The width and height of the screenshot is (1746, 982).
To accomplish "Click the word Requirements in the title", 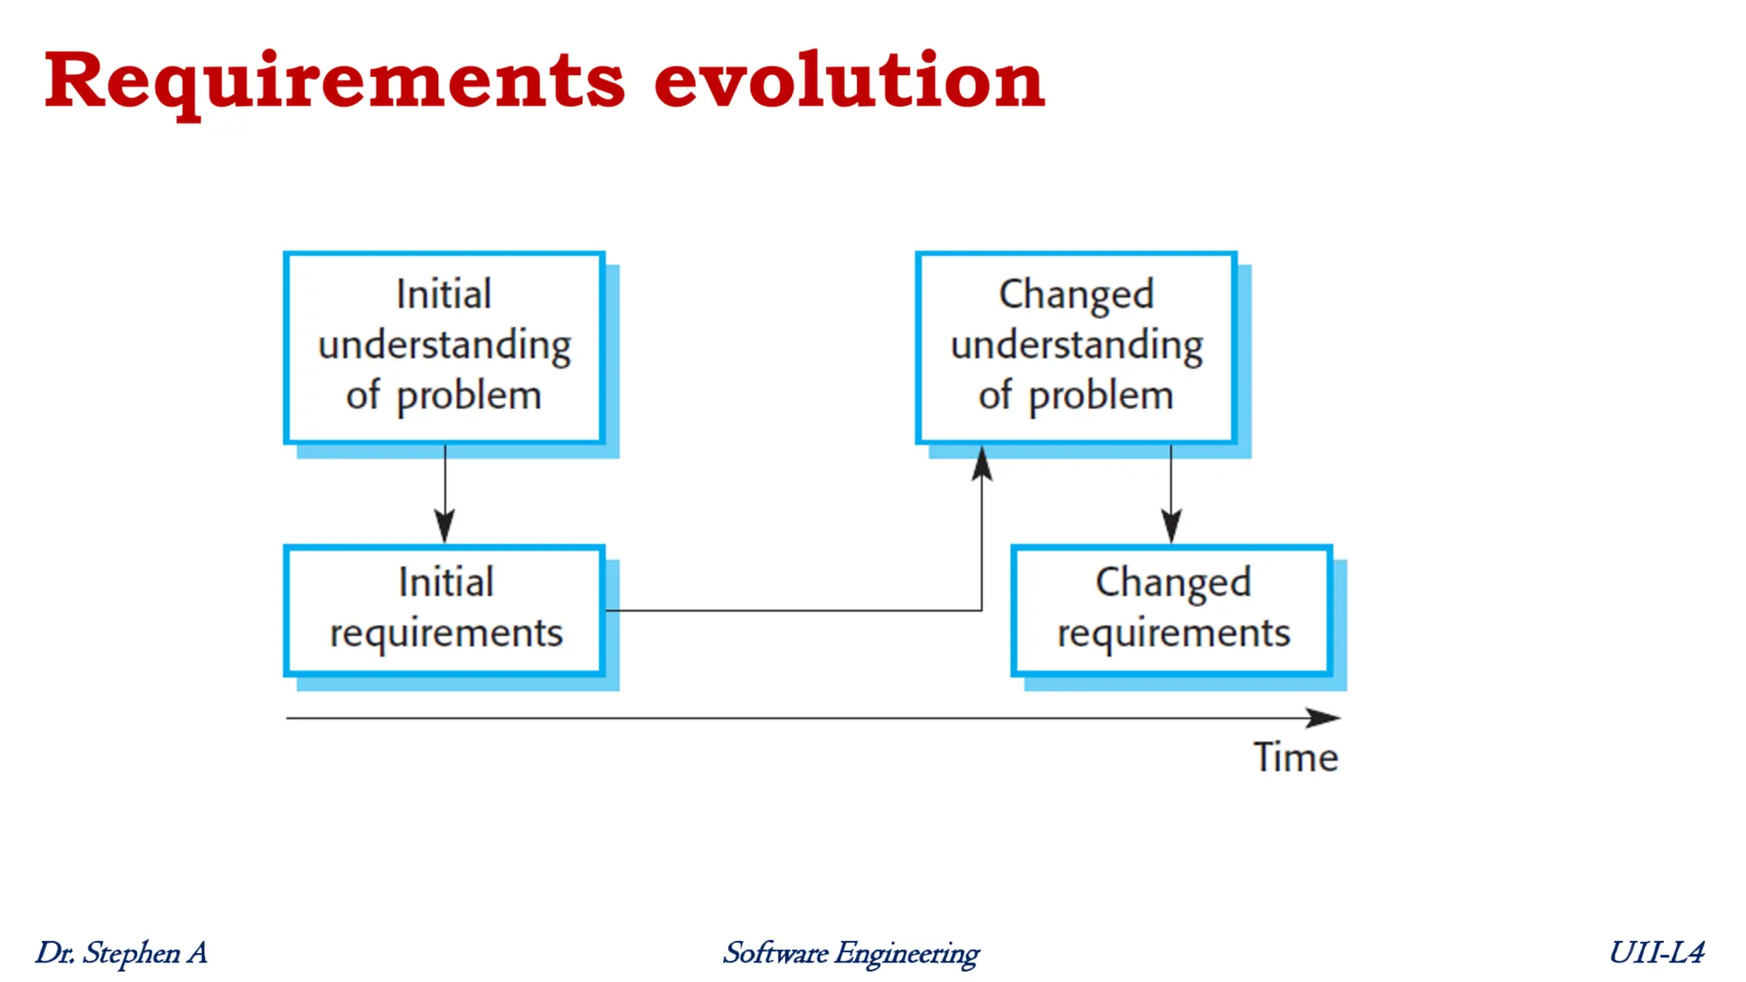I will coord(334,81).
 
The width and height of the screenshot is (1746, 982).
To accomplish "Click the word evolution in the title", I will coord(849,81).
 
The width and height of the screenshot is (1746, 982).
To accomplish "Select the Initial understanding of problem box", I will coord(444,347).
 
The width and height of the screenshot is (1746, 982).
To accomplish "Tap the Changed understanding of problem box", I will coord(1076,347).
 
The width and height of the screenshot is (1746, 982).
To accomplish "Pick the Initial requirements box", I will coord(444,609).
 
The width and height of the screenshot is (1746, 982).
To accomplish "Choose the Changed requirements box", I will coord(1171,609).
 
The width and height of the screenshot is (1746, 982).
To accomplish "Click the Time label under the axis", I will coord(1295,757).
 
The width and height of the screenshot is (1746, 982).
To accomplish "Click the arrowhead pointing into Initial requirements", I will coord(444,526).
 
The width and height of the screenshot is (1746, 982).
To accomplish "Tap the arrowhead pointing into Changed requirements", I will coord(1171,526).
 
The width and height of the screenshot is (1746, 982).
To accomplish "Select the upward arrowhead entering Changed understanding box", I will coord(982,464).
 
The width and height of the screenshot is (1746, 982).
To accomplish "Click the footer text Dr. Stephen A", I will coord(121,952).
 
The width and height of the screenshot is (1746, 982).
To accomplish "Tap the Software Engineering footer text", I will coord(851,952).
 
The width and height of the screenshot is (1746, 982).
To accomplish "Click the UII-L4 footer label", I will coord(1656,952).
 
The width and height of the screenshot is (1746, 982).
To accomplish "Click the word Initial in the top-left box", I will coord(444,295).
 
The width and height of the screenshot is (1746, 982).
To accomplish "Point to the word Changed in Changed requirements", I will coord(1173,583).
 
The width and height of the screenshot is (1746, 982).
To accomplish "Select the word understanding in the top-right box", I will coord(1076,346).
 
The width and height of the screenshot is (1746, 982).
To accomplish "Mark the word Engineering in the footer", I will coord(907,953).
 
